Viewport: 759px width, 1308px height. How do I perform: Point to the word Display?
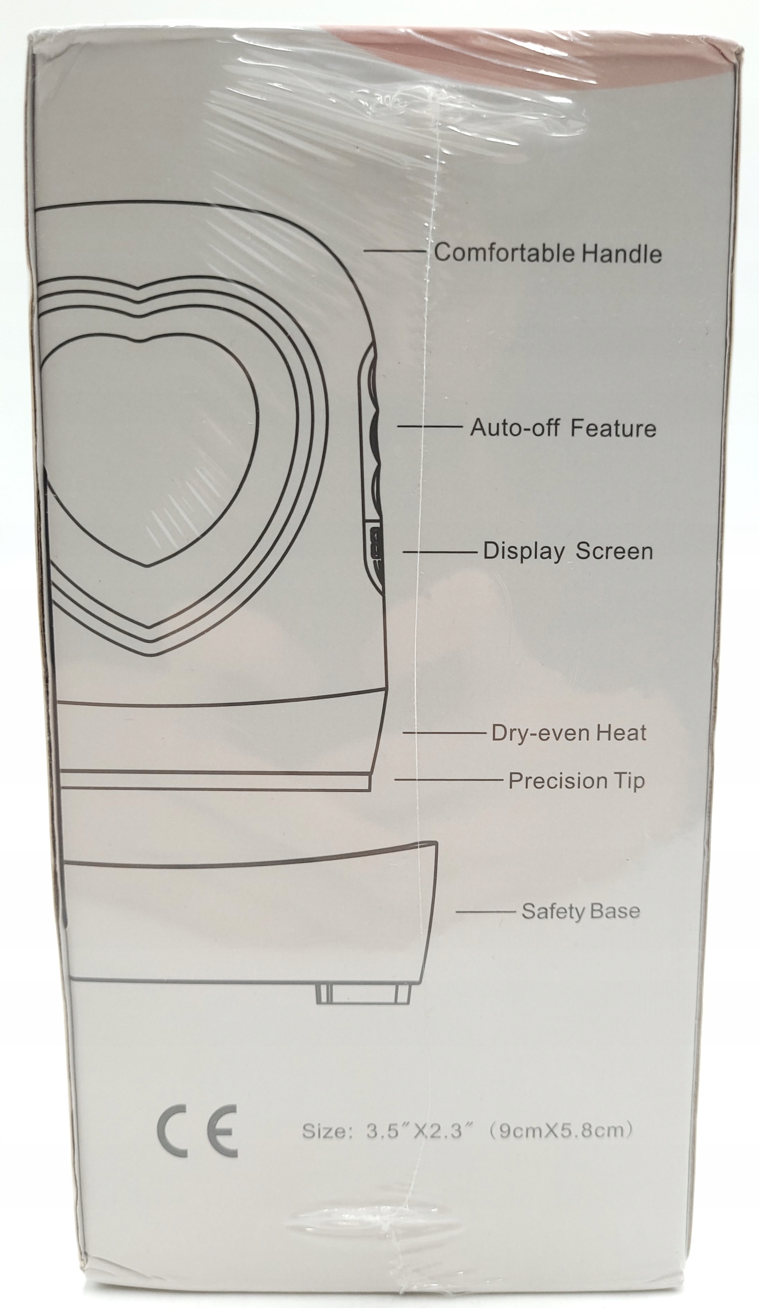(x=524, y=551)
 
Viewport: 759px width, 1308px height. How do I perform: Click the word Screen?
(x=614, y=551)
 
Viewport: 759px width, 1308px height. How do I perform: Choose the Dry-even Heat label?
(x=568, y=733)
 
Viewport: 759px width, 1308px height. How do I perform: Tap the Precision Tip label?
(x=576, y=781)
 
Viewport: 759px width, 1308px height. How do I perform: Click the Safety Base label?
(x=581, y=911)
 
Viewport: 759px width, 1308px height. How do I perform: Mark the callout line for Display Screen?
(x=440, y=552)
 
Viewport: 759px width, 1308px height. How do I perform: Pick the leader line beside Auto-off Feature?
(x=430, y=426)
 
